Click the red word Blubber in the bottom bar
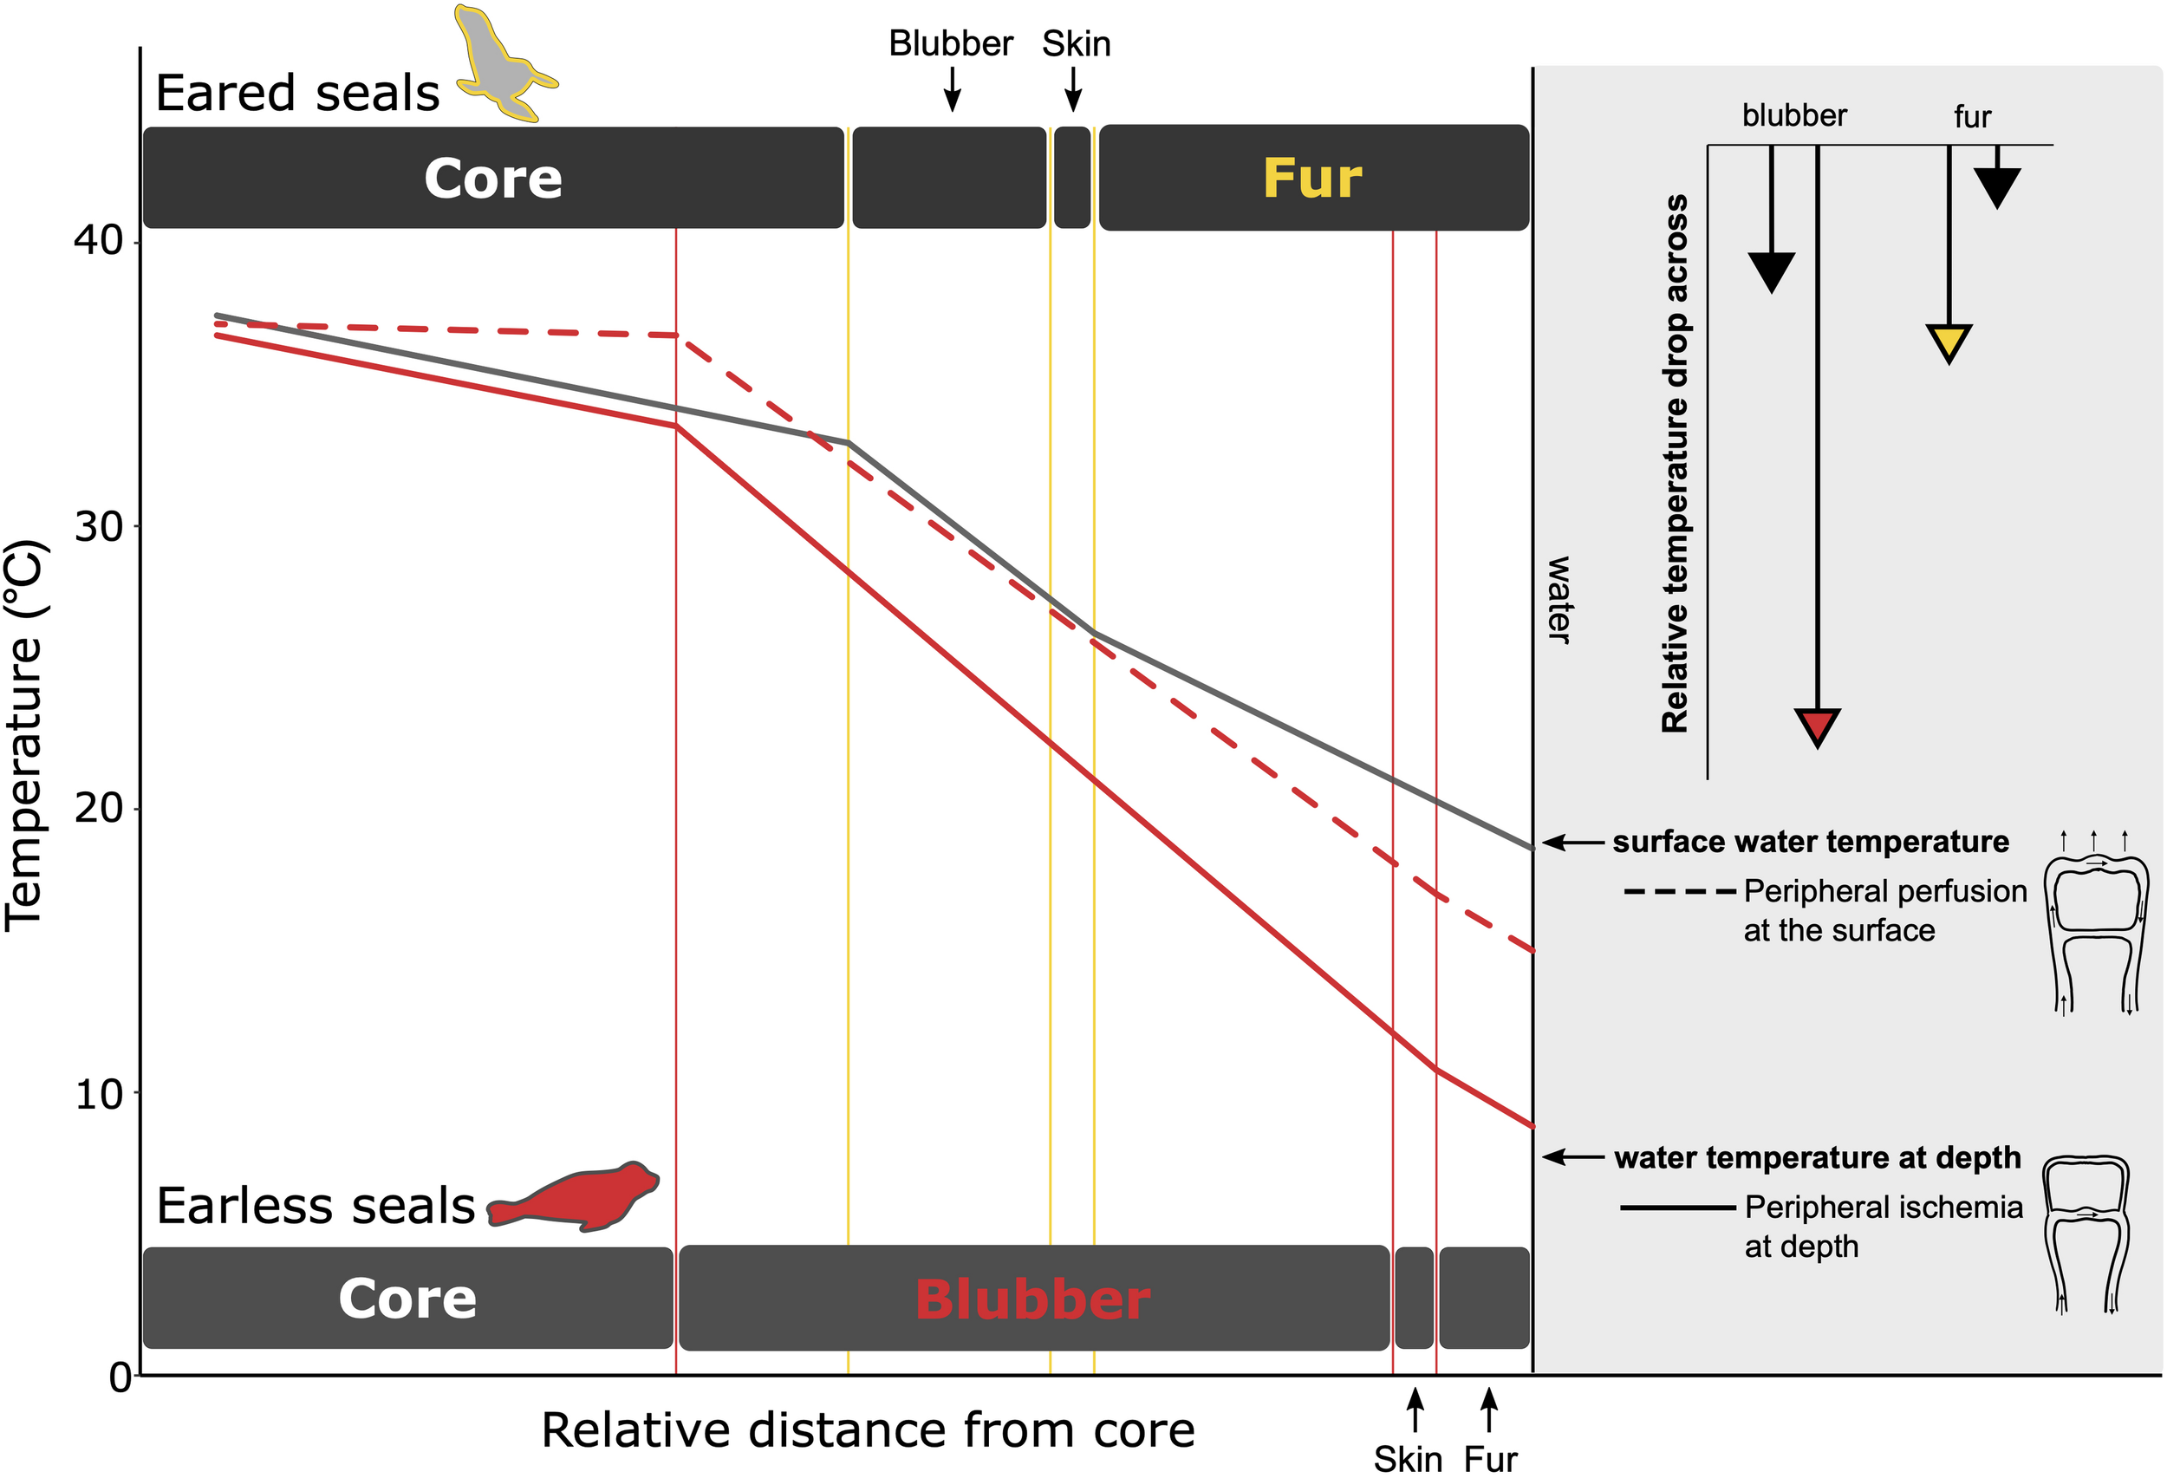coord(1032,1299)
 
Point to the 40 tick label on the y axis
coord(99,241)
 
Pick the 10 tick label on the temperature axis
coord(99,1094)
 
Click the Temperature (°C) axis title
coord(25,735)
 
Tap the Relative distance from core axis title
coord(867,1429)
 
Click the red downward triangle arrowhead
coord(1817,726)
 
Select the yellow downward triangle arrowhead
coord(1948,342)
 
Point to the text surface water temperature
coord(1810,842)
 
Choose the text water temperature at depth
coord(1818,1157)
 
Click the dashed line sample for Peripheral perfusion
coord(1679,891)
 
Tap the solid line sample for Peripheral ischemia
coord(1677,1208)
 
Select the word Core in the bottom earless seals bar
coord(407,1298)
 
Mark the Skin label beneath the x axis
coord(1407,1458)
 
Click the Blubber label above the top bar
coord(950,44)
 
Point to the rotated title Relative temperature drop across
coord(1675,464)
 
